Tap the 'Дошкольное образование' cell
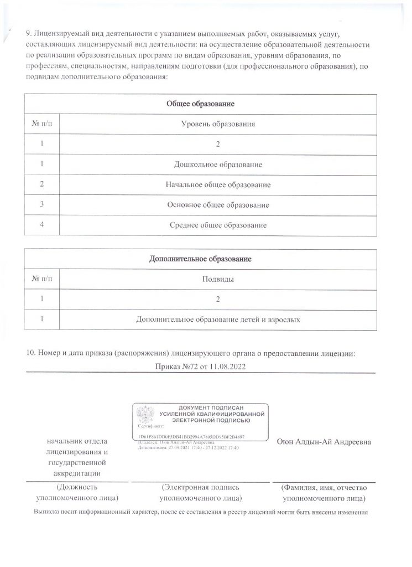[218, 165]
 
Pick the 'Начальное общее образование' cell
[218, 185]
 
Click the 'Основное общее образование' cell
[218, 205]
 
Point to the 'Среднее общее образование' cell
[218, 225]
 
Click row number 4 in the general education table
[42, 225]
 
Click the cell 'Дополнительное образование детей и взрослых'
[218, 319]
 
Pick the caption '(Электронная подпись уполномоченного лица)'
[200, 492]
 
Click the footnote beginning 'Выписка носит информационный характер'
[201, 512]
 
